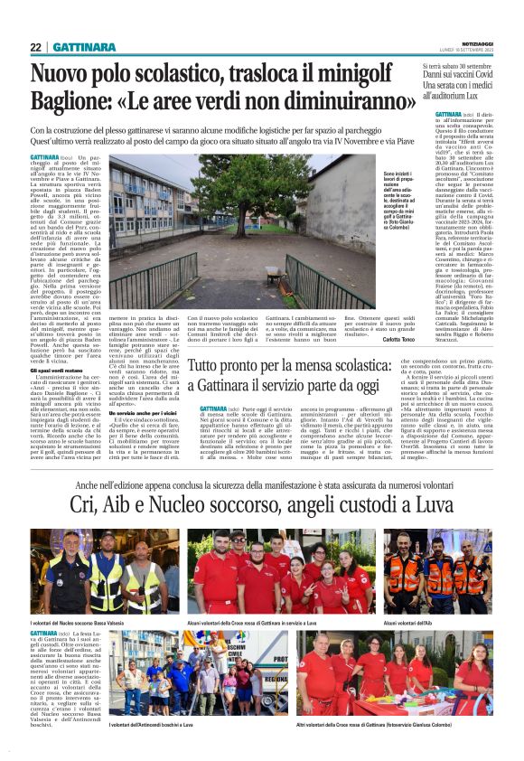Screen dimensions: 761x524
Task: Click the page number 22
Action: click(x=36, y=47)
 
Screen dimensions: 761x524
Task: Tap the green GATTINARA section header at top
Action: click(x=83, y=47)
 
